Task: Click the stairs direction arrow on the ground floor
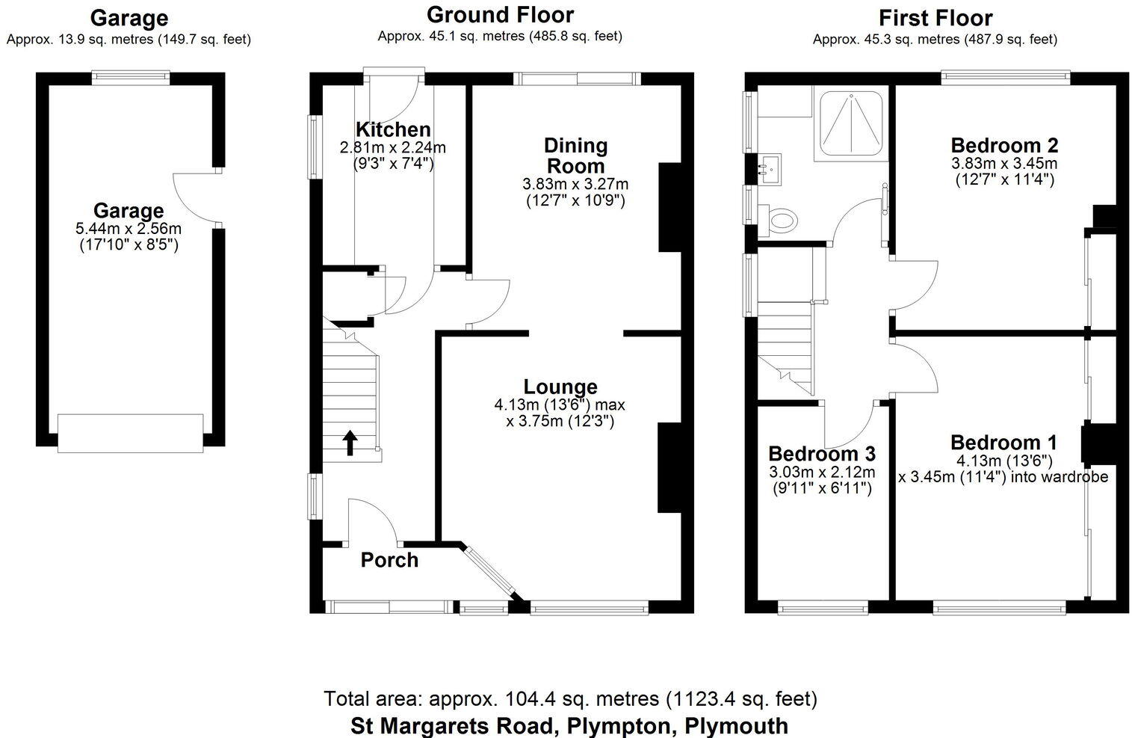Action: point(349,442)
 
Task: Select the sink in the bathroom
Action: point(769,168)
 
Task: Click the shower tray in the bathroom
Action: point(852,124)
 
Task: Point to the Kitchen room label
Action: point(393,129)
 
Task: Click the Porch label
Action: point(389,560)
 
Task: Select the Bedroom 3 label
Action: point(822,454)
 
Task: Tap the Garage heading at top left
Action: point(129,17)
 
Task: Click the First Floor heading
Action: point(935,17)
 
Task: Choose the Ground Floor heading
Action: point(500,15)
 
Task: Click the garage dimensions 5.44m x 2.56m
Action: point(129,229)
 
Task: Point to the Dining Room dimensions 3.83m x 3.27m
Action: point(575,184)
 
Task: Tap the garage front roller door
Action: point(130,433)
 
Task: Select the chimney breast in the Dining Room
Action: point(669,207)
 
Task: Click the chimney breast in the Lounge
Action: point(669,468)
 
